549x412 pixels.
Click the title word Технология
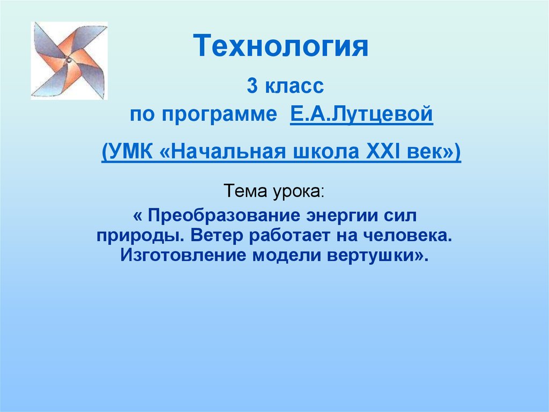click(280, 46)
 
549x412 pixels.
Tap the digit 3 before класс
click(252, 85)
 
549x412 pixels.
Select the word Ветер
click(217, 235)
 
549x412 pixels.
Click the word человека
click(407, 236)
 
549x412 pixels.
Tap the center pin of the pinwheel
click(69, 60)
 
